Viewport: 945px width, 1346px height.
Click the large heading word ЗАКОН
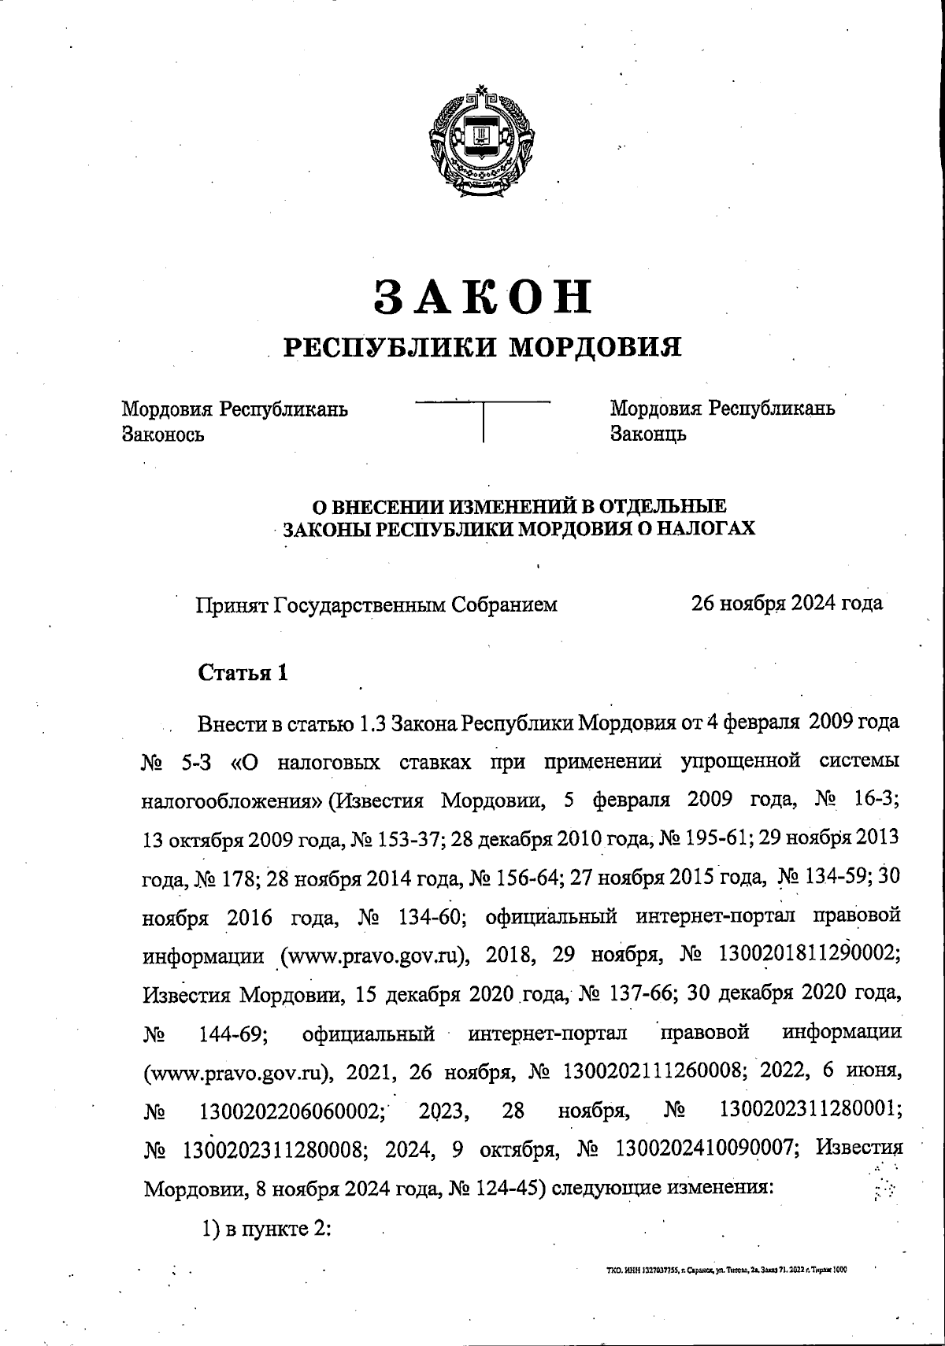pos(482,296)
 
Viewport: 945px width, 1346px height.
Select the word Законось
pos(163,434)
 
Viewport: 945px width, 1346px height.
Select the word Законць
pos(648,434)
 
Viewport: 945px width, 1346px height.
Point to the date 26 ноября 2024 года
pos(787,603)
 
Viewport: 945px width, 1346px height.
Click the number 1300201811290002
pos(806,955)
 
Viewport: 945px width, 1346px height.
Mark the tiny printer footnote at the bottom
pos(721,1270)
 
